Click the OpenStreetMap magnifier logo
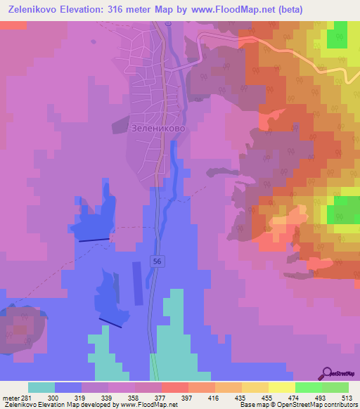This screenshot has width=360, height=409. pyautogui.click(x=328, y=374)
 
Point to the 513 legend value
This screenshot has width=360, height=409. pyautogui.click(x=348, y=397)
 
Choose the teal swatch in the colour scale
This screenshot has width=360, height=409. pyautogui.click(x=41, y=387)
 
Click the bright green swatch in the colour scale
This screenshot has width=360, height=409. pyautogui.click(x=308, y=387)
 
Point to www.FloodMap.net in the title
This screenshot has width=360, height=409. pyautogui.click(x=262, y=10)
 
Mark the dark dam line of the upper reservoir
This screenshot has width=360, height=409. pyautogui.click(x=94, y=240)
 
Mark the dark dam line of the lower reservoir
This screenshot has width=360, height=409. pyautogui.click(x=110, y=322)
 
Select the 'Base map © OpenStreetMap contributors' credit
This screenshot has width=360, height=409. pyautogui.click(x=297, y=405)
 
